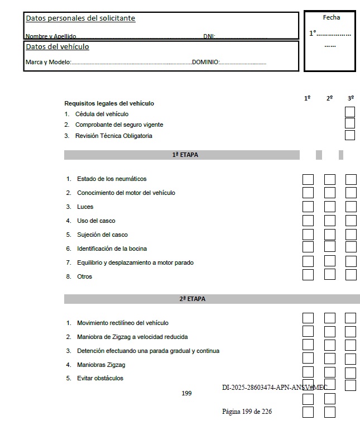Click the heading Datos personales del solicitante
coord(80,18)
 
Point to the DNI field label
coord(209,36)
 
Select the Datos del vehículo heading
coord(57,47)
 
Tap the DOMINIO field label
coord(205,62)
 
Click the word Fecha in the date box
coord(331,17)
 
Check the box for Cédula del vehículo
coord(350,112)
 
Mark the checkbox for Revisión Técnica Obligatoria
coord(350,135)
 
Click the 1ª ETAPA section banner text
coord(185,155)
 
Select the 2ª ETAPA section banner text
coord(192,299)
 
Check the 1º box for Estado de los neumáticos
coord(308,179)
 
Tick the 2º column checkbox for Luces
coord(329,207)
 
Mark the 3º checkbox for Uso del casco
coord(351,221)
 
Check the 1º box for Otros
coord(308,275)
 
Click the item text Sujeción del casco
coord(102,235)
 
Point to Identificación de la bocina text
coord(112,249)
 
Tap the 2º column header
coord(329,98)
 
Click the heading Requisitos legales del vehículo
coord(109,103)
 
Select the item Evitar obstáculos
coord(100,378)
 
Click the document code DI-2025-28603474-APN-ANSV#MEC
coord(274,387)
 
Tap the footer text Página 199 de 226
coord(247,412)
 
